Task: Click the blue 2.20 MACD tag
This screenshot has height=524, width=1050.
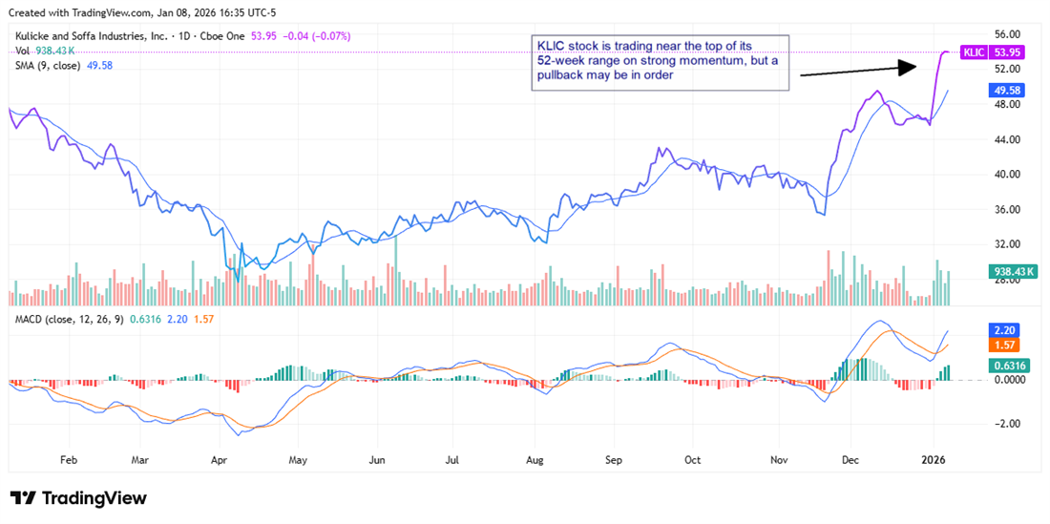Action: click(x=1005, y=328)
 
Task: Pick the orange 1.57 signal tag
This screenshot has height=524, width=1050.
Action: click(x=1005, y=345)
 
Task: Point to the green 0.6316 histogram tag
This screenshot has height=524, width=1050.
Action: click(x=1010, y=364)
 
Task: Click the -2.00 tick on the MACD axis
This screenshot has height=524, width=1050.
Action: click(x=1008, y=424)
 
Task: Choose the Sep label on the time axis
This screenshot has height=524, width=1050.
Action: click(x=613, y=459)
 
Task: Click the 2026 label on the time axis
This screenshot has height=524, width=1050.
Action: click(x=933, y=459)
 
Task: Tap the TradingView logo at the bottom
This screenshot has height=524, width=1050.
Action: click(x=78, y=498)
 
